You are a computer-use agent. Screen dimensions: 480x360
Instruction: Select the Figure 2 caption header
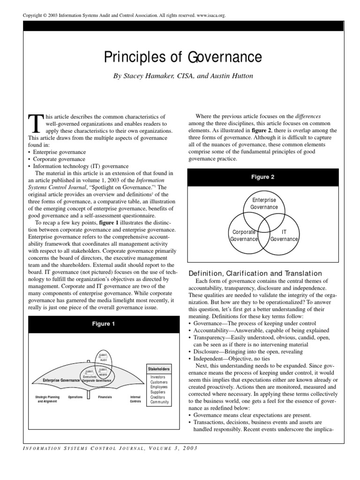click(262, 177)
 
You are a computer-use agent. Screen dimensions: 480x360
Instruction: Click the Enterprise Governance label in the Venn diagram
click(264, 203)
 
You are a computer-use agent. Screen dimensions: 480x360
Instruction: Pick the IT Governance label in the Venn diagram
click(284, 235)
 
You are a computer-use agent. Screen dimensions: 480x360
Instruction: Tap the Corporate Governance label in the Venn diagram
click(244, 235)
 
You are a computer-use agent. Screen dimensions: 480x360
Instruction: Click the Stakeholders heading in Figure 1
click(158, 369)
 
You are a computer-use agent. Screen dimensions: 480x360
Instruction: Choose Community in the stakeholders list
click(160, 402)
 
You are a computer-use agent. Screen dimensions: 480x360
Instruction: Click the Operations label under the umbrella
click(75, 397)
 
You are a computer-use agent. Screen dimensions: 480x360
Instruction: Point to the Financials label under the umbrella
click(105, 397)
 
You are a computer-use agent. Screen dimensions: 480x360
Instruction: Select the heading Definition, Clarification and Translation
click(255, 273)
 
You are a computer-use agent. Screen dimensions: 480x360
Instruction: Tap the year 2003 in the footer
click(188, 448)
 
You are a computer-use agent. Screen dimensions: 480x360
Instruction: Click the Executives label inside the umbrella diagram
click(90, 376)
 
